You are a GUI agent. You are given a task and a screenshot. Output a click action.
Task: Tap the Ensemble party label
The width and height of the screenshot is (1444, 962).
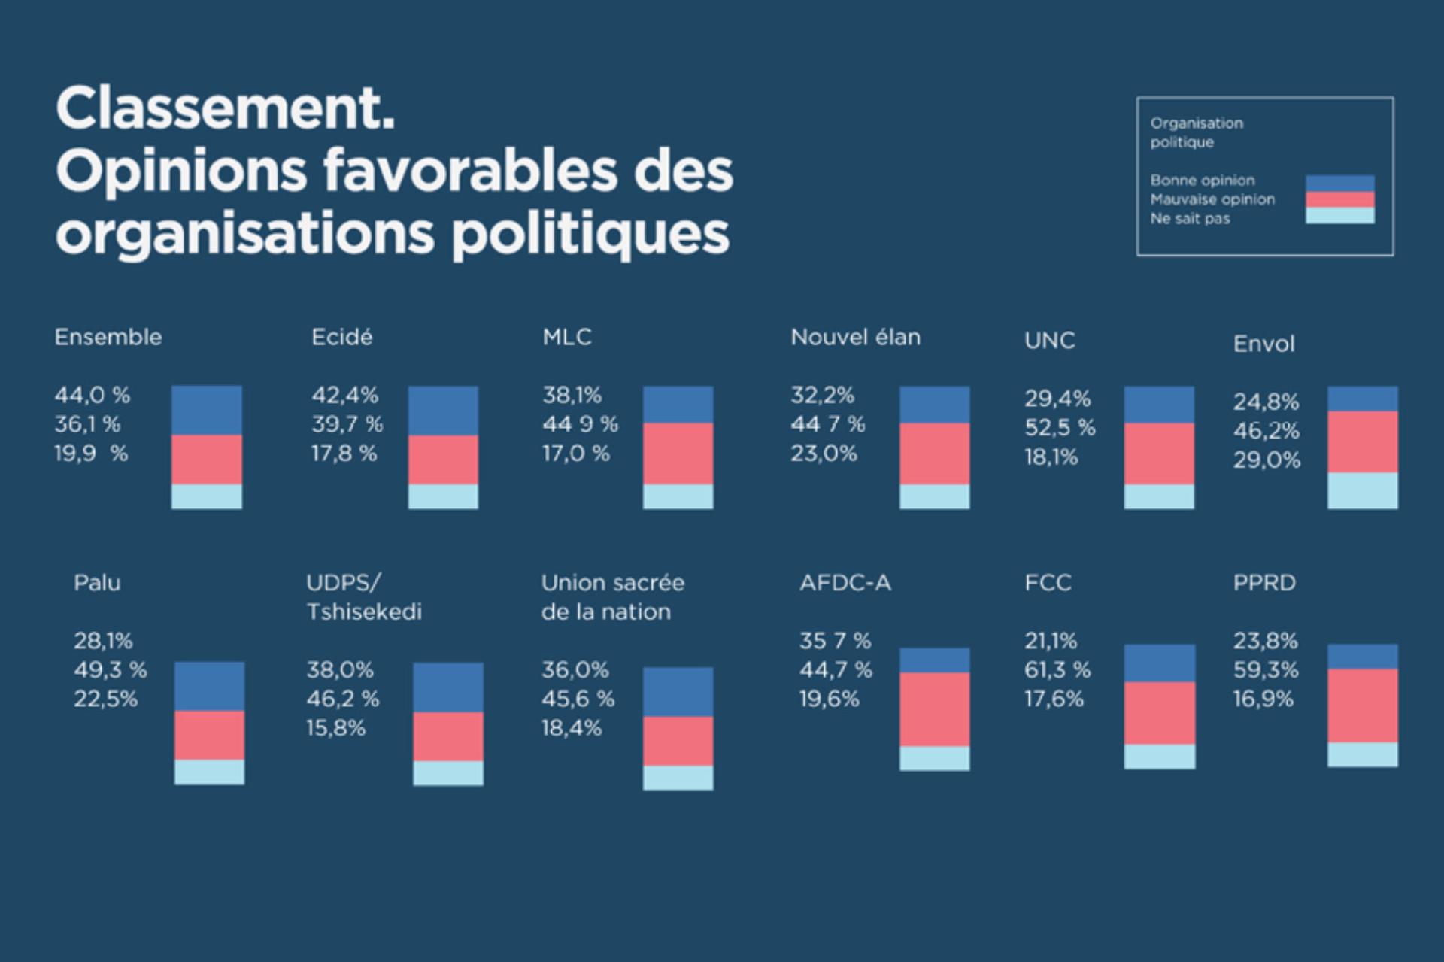(108, 337)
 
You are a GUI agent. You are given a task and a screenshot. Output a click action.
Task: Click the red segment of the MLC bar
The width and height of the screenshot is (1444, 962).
(678, 454)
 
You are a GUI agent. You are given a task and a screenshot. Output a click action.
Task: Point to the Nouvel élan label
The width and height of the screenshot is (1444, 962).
(855, 337)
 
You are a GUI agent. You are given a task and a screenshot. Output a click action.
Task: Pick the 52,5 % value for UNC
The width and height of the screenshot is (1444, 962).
(1060, 427)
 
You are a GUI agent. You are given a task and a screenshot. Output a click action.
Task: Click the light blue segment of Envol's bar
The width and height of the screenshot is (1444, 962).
(1362, 490)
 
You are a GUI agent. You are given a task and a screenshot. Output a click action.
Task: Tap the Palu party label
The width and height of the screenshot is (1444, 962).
(97, 582)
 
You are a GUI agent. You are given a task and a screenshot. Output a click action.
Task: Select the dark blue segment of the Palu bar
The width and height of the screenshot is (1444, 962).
(209, 686)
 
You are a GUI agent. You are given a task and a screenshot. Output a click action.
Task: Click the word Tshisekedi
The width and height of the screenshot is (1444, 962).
(364, 611)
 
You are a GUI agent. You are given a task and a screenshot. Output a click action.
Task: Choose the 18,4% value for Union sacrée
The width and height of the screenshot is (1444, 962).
(572, 728)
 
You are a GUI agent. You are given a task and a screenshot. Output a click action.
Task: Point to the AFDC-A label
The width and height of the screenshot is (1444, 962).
(845, 582)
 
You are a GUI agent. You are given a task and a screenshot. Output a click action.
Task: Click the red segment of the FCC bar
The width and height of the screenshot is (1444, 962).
(1159, 713)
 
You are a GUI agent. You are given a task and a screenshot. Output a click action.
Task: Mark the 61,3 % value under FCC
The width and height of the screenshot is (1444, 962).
(1057, 669)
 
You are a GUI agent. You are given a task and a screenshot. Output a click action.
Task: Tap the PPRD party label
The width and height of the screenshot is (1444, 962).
(1264, 582)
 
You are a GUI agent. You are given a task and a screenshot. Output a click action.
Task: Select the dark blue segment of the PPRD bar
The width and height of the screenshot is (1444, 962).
(1362, 657)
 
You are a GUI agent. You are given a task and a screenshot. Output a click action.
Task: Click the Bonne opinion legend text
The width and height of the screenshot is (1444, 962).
(1202, 181)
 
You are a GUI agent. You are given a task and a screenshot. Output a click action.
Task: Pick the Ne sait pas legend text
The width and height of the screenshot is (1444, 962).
(1190, 219)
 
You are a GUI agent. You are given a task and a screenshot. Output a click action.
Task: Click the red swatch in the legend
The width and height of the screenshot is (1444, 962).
(1339, 199)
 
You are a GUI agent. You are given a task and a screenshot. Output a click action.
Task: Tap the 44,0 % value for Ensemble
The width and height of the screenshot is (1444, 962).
(92, 395)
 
